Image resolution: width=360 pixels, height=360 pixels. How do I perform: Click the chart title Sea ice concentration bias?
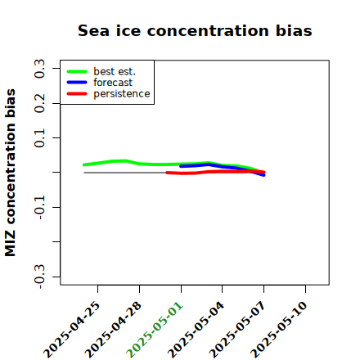point(195,30)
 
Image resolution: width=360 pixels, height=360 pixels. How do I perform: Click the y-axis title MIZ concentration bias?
point(10,173)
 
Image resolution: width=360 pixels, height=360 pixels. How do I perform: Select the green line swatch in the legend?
point(77,71)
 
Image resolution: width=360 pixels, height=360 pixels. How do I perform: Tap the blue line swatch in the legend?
point(77,83)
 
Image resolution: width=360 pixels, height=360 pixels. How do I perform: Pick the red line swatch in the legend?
point(77,94)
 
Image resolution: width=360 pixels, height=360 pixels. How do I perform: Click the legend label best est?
point(115,71)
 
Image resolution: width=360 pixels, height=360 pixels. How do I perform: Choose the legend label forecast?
point(113,83)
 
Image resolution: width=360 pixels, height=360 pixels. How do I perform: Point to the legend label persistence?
point(122,94)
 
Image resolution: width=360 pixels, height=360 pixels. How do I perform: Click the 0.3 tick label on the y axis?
point(39,69)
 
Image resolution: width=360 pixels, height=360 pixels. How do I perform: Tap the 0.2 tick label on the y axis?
point(39,103)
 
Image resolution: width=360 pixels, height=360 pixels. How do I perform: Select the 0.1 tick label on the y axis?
point(39,138)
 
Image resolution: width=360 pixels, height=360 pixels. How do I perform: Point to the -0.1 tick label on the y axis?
point(39,207)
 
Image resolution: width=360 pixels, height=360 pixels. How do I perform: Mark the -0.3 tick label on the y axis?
point(39,277)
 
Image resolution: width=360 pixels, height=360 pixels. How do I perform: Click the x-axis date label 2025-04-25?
point(71,330)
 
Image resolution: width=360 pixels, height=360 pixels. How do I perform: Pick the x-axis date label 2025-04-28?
point(113,330)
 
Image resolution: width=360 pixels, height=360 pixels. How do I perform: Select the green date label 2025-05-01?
point(155,330)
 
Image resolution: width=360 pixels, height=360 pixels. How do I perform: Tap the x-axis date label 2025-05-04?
point(196,330)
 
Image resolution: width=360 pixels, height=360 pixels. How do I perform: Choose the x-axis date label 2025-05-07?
point(237,330)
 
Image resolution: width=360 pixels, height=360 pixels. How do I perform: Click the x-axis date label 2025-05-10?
point(279,330)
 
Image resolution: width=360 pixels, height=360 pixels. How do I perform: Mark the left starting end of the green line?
point(84,164)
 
